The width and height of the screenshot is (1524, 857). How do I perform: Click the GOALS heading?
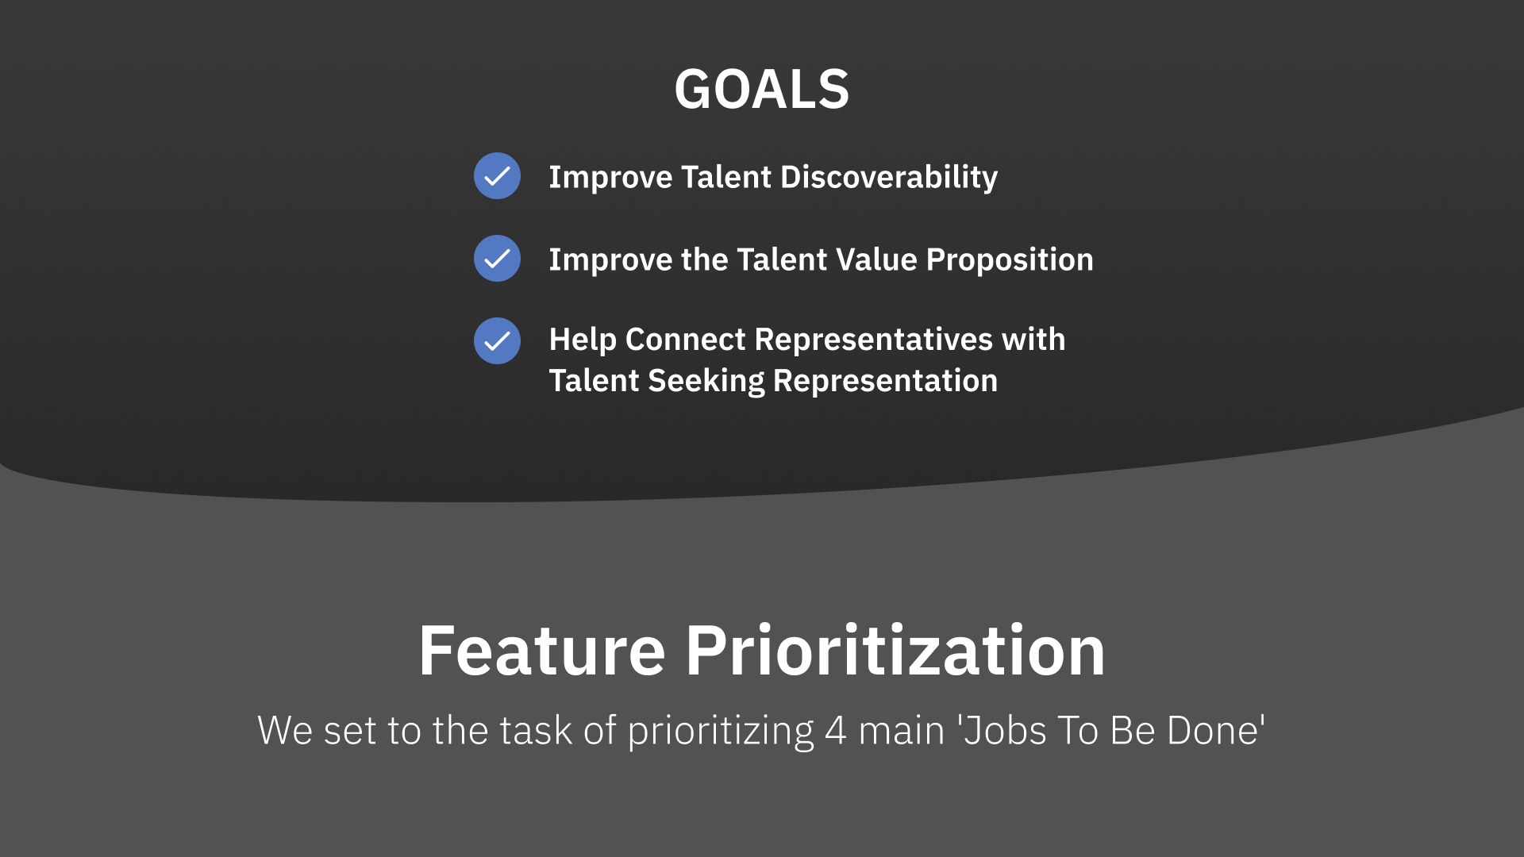[x=762, y=89]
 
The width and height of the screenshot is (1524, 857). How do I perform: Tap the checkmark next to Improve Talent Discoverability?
[x=497, y=175]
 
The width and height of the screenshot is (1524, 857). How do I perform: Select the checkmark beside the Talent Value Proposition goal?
[x=497, y=258]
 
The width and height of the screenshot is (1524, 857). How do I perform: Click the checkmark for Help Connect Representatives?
[x=497, y=340]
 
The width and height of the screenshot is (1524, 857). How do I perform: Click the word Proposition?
[x=1010, y=260]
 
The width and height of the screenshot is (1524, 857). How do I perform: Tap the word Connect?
[x=686, y=340]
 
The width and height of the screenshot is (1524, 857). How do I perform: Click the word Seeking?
[x=706, y=382]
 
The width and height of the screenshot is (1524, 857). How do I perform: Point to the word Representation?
[x=885, y=382]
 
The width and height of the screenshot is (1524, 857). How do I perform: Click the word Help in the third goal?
[x=583, y=340]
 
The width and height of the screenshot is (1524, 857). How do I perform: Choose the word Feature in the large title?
[x=542, y=651]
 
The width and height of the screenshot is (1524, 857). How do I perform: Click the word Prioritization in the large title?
[x=895, y=651]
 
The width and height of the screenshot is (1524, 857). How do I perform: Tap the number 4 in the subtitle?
[x=835, y=731]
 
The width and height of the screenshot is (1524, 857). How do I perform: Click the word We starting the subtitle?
[x=285, y=731]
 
